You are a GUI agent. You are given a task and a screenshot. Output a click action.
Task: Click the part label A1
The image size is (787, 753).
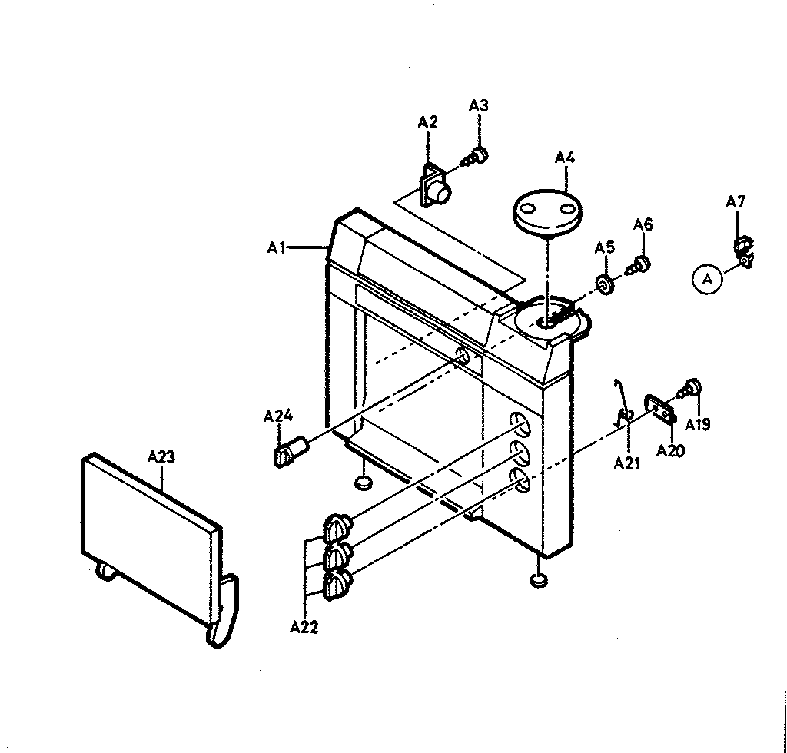point(276,248)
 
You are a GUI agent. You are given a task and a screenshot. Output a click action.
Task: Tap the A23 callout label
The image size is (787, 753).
point(161,457)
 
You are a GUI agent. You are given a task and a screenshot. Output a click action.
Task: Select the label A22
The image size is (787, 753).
point(304,627)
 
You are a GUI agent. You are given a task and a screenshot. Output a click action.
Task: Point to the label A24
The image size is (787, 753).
point(278,416)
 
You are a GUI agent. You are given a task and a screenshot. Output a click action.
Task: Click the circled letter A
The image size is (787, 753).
point(707,279)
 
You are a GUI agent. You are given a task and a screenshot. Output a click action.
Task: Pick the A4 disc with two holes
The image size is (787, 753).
point(547,212)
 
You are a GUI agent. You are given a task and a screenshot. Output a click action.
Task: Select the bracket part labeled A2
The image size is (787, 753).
point(434,186)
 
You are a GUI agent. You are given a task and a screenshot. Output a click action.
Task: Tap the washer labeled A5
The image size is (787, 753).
point(606,284)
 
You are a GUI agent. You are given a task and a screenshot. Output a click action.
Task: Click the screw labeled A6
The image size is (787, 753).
point(639,264)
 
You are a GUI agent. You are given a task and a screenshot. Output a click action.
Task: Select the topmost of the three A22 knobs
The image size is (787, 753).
point(338,528)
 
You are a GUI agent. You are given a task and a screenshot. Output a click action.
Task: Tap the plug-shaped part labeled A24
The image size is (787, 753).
point(290,450)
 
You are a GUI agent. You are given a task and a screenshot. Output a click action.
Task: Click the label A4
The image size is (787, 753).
point(565,158)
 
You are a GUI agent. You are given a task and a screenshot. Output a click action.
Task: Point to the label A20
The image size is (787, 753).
point(670,451)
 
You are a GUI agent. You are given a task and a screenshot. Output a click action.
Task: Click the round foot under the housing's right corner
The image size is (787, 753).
point(539,580)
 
